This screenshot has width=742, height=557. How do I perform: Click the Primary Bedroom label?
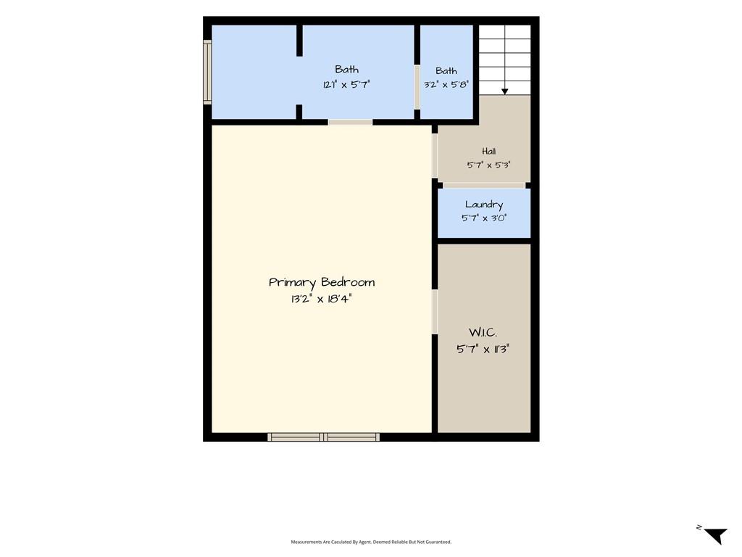(x=322, y=283)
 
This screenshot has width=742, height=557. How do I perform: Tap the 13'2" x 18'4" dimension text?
(x=322, y=299)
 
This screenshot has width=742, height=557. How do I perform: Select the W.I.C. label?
(x=483, y=332)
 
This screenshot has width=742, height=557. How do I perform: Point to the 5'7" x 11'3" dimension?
(x=483, y=349)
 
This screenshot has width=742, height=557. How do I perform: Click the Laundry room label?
(x=483, y=205)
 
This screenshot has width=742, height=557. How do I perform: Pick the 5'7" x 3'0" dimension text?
(x=483, y=218)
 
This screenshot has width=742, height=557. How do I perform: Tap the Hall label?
(x=489, y=151)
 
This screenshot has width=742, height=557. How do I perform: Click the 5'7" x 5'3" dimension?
(x=489, y=165)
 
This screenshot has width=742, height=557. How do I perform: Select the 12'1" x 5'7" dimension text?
(x=346, y=84)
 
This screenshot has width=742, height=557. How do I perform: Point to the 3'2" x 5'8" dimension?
(x=446, y=84)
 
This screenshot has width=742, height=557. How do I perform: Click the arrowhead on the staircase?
(x=505, y=92)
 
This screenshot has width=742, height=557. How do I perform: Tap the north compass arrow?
(x=716, y=536)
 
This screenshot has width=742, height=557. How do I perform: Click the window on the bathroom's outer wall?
(x=207, y=72)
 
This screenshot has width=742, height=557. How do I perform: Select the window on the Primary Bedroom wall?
(x=324, y=437)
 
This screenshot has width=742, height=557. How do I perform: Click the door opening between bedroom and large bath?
(x=350, y=122)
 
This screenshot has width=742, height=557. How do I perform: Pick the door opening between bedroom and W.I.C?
(x=435, y=312)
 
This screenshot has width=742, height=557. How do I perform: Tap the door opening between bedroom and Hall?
(x=435, y=156)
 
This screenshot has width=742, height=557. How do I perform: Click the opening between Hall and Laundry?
(x=484, y=185)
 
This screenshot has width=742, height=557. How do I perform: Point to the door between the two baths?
(x=417, y=87)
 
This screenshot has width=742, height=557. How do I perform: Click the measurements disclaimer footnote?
(x=371, y=542)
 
